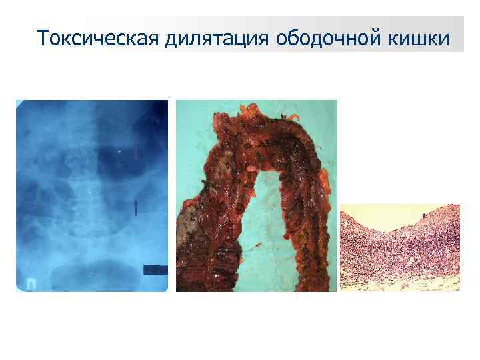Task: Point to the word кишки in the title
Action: pos(417,39)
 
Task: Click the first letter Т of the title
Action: pos(42,39)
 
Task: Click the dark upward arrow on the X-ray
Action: pos(136,206)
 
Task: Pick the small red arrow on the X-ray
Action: pos(135,153)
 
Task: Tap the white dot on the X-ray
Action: pos(119,151)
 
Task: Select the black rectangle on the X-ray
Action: pos(155,269)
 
